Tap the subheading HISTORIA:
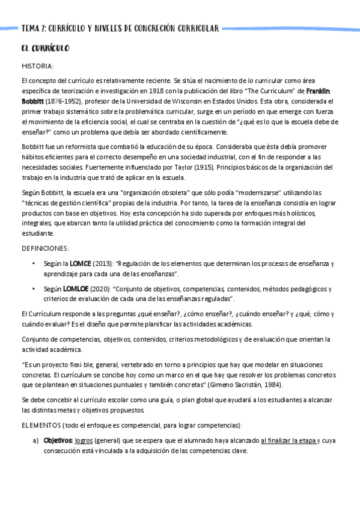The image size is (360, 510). click(37, 66)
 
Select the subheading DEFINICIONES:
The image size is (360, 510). click(45, 248)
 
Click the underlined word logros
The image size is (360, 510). click(84, 440)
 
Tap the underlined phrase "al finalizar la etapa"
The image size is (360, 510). click(288, 440)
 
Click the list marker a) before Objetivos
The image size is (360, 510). click(35, 440)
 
